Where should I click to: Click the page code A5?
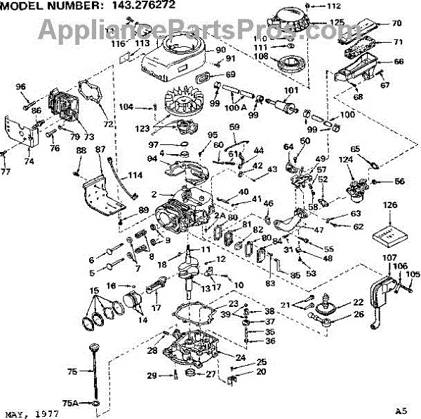pos(400,411)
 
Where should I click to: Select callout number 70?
pos(396,23)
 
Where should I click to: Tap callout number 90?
pos(220,50)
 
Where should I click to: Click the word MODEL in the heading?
pos(22,6)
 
